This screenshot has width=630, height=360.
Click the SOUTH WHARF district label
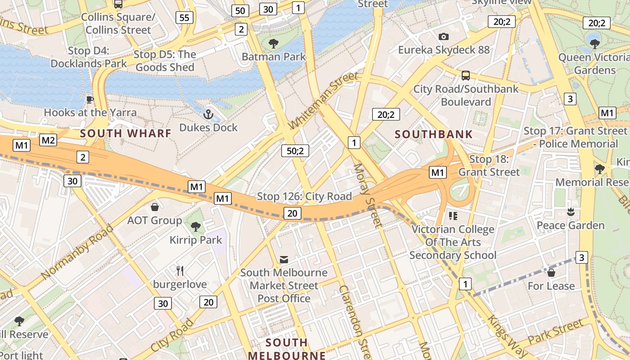[x=126, y=133]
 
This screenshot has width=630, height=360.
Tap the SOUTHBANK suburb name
[x=434, y=134]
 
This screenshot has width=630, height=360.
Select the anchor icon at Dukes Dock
[x=208, y=114]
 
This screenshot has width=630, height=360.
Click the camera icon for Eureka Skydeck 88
[x=443, y=36]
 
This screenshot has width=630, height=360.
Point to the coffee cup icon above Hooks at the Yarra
[x=90, y=99]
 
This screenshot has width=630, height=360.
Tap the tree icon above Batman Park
[x=273, y=44]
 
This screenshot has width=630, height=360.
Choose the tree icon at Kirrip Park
[x=196, y=226]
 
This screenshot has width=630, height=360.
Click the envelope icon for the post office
[x=284, y=259]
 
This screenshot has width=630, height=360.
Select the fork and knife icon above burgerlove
[x=180, y=270]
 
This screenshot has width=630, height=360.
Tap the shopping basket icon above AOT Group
[x=155, y=207]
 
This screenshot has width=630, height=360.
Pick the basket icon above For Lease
[x=551, y=273]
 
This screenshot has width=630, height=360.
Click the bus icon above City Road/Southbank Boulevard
[x=466, y=76]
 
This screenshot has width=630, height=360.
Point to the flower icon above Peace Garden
[x=571, y=211]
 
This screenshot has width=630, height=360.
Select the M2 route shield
[x=48, y=140]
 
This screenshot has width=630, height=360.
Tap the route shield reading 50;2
[x=295, y=150]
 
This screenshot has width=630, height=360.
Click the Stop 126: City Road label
[x=304, y=197]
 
